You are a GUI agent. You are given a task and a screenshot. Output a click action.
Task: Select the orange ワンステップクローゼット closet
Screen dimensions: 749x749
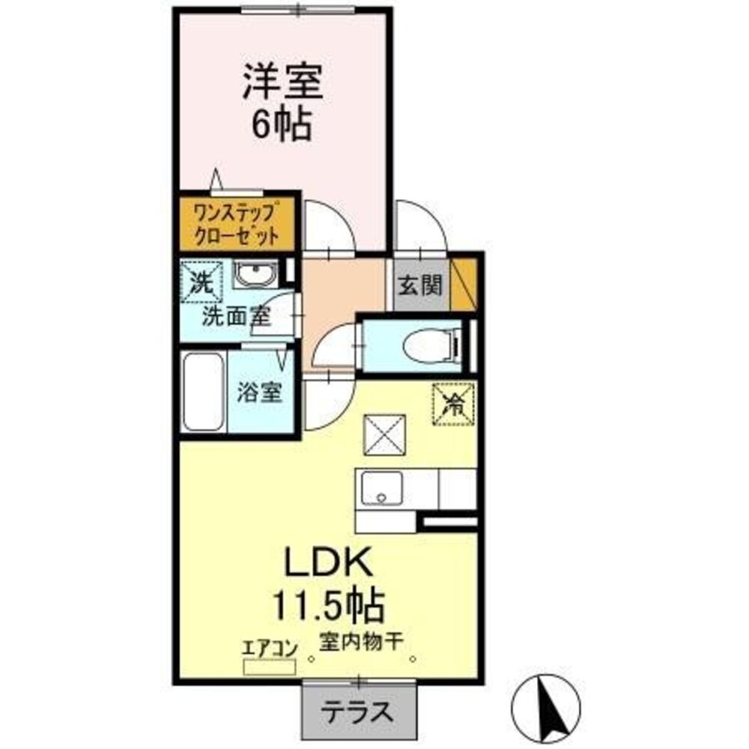[x=237, y=223]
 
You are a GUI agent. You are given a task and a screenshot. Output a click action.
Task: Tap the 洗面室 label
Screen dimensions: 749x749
[x=235, y=316]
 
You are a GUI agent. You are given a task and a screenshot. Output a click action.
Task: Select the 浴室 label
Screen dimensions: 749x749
[x=260, y=394]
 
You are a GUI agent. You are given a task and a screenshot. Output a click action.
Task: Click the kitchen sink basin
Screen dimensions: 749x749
[x=383, y=490]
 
